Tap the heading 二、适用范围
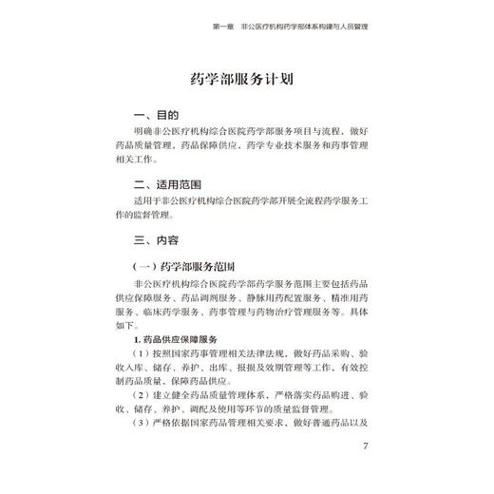167,184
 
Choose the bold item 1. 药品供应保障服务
178,340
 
